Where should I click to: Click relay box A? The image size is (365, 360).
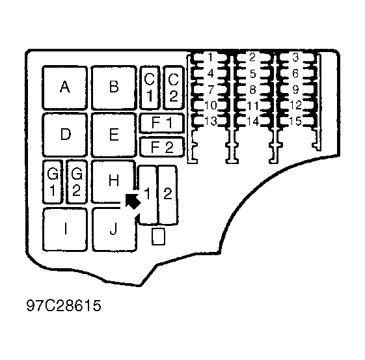[64, 87]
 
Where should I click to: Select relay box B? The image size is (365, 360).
[114, 87]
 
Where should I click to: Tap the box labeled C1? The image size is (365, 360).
[150, 87]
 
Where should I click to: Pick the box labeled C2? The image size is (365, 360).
[174, 87]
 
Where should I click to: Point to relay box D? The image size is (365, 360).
[64, 135]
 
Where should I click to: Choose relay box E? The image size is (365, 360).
[114, 135]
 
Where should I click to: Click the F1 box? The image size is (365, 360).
[162, 123]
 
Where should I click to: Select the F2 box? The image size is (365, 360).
[162, 147]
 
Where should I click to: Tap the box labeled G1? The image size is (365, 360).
[53, 182]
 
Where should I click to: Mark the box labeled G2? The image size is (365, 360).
[77, 182]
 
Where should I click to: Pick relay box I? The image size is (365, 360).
[65, 229]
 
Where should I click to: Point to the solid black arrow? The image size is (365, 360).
[133, 201]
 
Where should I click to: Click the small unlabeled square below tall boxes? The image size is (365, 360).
[158, 236]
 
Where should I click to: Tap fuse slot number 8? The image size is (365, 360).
[252, 89]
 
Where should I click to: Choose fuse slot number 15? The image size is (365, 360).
[295, 121]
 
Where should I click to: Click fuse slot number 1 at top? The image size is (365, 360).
[210, 57]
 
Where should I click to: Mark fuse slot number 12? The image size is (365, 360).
[295, 105]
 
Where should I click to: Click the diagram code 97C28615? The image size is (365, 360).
[64, 305]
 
